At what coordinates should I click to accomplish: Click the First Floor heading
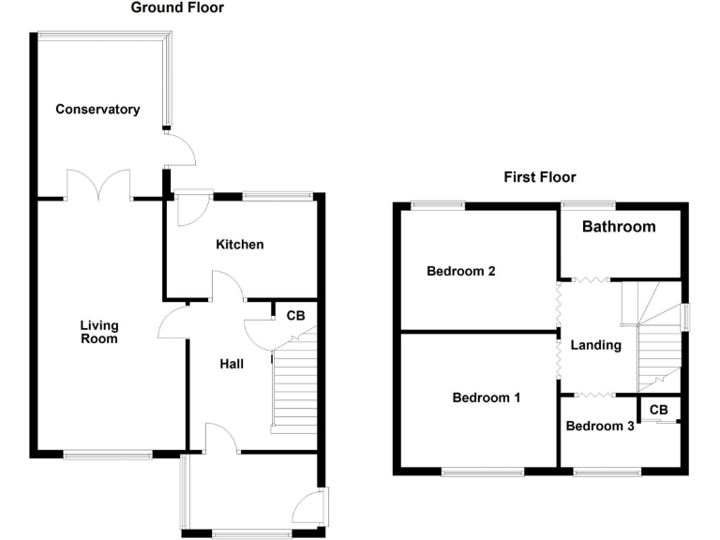tap(539, 176)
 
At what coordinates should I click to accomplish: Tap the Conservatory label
tap(97, 109)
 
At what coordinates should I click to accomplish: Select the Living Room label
tap(98, 332)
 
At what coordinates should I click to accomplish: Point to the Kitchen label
tap(240, 245)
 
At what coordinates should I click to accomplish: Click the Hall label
tap(232, 363)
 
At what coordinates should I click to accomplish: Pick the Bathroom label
tap(619, 227)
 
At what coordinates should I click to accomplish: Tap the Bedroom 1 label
tap(487, 397)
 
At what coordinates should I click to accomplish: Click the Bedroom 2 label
tap(460, 272)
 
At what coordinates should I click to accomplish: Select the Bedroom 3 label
tap(600, 427)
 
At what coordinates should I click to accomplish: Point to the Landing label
tap(596, 345)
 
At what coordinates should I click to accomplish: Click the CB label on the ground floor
tap(295, 316)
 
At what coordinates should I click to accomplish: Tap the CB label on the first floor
tap(658, 410)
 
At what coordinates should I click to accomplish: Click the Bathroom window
tap(588, 204)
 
